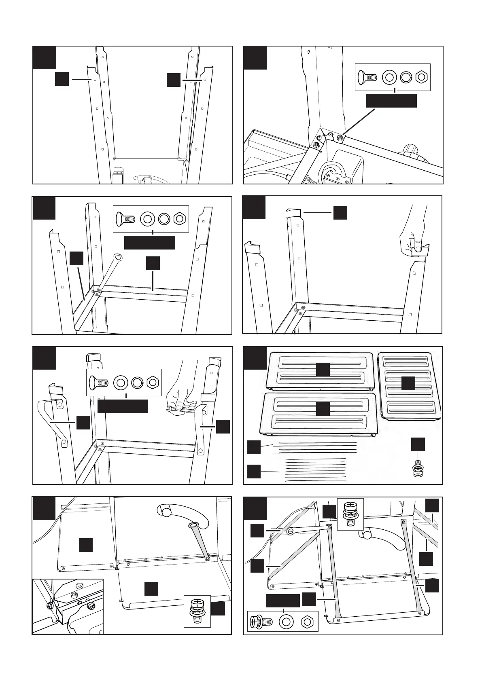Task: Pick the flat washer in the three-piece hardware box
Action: pyautogui.click(x=286, y=621)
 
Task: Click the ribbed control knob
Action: pyautogui.click(x=410, y=149)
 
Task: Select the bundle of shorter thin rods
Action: pyautogui.click(x=316, y=470)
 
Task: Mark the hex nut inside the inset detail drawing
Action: pyautogui.click(x=74, y=594)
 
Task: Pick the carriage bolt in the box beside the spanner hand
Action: pyautogui.click(x=97, y=381)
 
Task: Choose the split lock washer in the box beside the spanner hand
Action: pyautogui.click(x=137, y=381)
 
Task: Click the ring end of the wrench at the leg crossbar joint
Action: pyautogui.click(x=118, y=257)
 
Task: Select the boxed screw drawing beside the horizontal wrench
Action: pyautogui.click(x=350, y=514)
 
